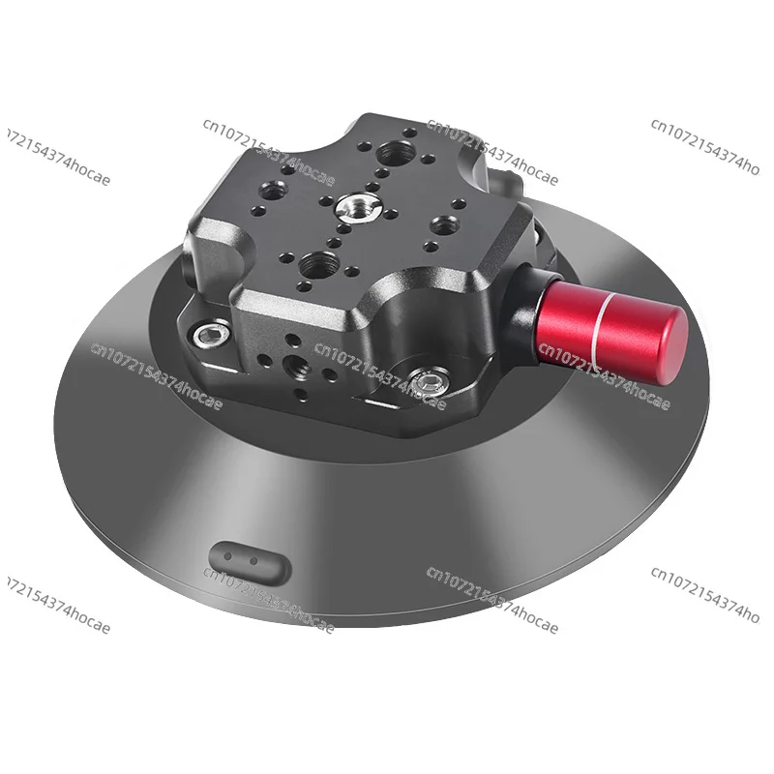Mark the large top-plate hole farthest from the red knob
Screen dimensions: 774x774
(267, 187)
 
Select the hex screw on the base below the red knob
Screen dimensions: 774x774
(426, 384)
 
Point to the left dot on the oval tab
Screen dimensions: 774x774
(229, 556)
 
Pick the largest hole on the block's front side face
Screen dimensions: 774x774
(290, 366)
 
